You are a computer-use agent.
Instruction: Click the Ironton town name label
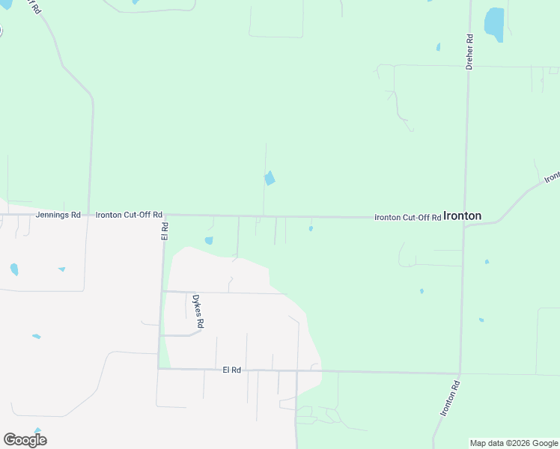[x=462, y=216]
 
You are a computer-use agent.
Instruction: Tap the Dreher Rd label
[x=469, y=52]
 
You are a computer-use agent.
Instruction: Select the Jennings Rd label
[x=58, y=215]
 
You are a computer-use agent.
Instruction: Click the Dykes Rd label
[x=198, y=311]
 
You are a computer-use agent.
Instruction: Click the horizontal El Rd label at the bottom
[x=232, y=370]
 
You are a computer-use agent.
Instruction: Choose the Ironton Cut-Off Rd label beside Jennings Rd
[x=129, y=215]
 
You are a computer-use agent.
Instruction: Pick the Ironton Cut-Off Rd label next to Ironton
[x=407, y=217]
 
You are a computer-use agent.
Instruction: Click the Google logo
[x=25, y=439]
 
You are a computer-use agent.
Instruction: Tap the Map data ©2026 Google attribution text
[x=514, y=443]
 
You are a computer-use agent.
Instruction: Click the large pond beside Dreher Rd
[x=494, y=24]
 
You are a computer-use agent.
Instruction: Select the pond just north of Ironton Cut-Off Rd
[x=269, y=178]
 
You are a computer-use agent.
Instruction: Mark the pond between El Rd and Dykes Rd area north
[x=209, y=240]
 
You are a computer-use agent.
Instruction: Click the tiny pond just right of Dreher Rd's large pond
[x=438, y=47]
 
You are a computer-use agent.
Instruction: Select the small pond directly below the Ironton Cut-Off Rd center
[x=311, y=229]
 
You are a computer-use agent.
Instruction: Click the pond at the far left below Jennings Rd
[x=14, y=269]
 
